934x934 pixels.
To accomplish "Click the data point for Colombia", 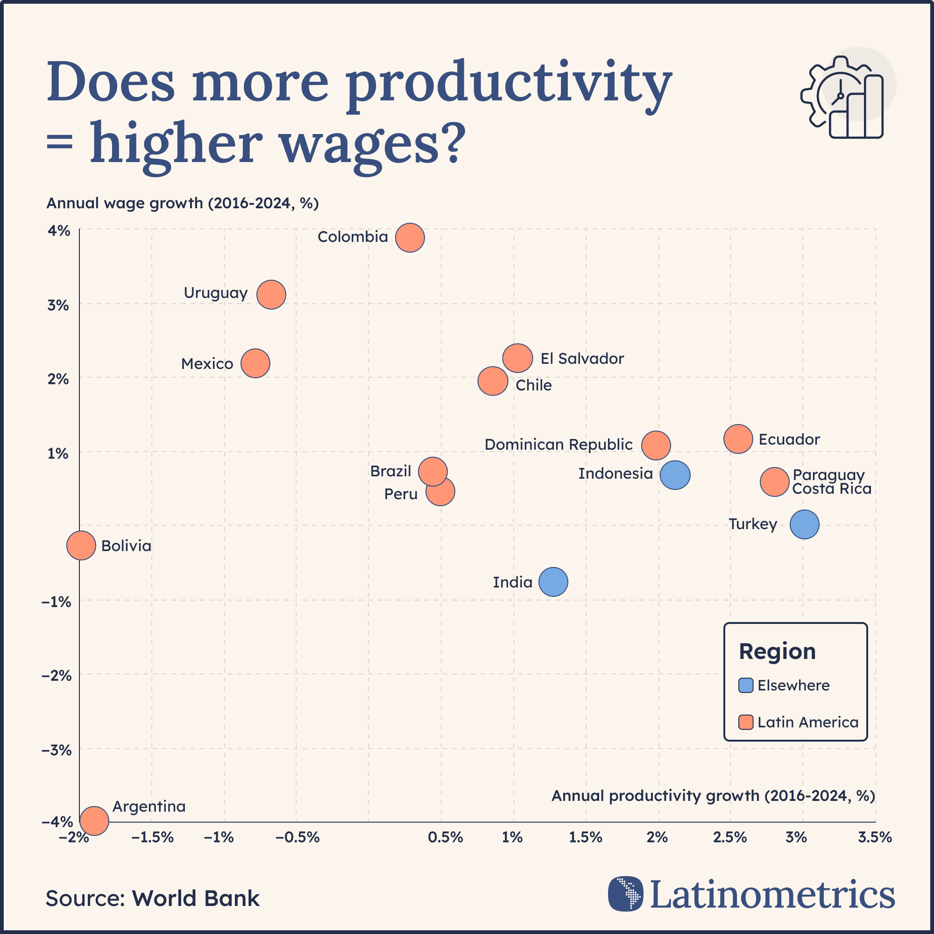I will [x=410, y=238].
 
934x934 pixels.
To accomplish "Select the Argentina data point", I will [x=94, y=821].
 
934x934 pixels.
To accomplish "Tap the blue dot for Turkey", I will [x=805, y=524].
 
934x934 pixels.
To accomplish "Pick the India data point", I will [x=553, y=581].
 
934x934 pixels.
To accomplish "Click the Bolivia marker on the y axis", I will [x=81, y=545].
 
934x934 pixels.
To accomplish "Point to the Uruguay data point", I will [x=271, y=294].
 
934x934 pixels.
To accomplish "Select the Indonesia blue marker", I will [x=675, y=475].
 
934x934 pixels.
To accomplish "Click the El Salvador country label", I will [x=582, y=359].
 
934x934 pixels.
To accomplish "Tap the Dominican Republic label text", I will [x=559, y=445].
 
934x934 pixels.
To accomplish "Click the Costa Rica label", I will [x=832, y=489].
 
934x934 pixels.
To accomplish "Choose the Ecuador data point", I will [x=738, y=439].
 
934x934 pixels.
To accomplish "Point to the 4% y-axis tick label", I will [x=59, y=231].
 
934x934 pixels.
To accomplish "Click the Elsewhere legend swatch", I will [x=746, y=686].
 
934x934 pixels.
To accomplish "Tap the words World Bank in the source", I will [x=196, y=898].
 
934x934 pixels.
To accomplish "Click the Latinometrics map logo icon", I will [x=626, y=893].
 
